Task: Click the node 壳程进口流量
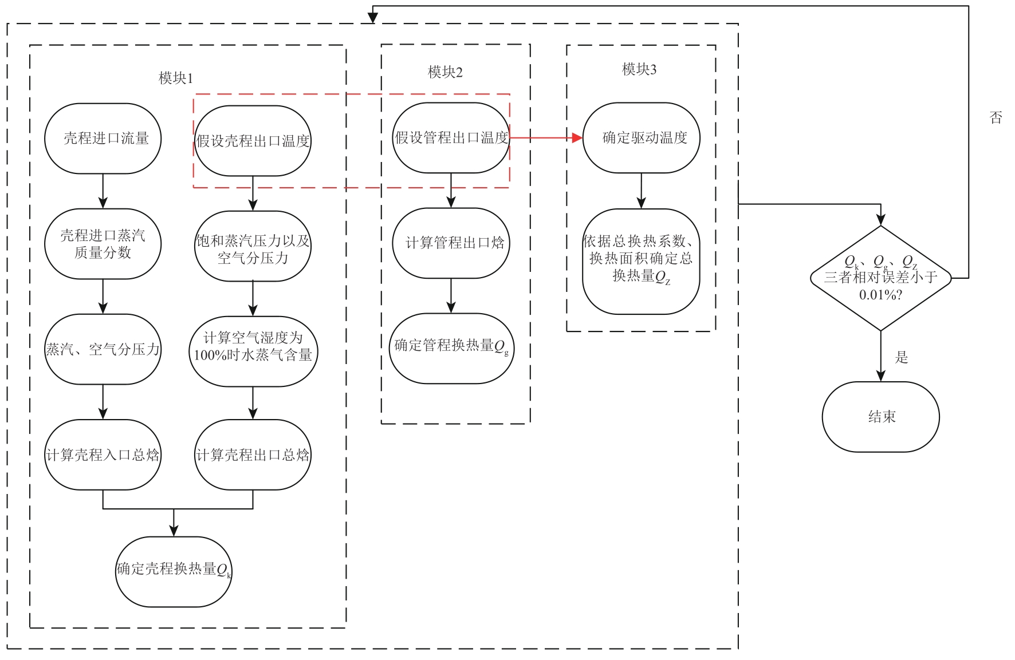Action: (103, 139)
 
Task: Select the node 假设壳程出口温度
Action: (253, 141)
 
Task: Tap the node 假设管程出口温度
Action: (451, 138)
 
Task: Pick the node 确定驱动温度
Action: (642, 138)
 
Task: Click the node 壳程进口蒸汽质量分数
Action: (103, 244)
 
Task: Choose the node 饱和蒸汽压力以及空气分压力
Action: (253, 247)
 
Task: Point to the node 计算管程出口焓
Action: (451, 243)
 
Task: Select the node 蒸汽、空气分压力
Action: (103, 349)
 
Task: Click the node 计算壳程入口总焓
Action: (103, 455)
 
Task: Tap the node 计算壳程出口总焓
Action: (253, 455)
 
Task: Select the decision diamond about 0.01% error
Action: (880, 278)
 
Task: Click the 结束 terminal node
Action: (880, 417)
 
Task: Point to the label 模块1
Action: (176, 78)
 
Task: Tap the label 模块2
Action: (445, 72)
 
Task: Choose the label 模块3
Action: (639, 69)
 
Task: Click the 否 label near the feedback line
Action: (996, 118)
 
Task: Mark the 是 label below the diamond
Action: (902, 358)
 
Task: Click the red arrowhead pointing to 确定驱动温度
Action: (577, 138)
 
